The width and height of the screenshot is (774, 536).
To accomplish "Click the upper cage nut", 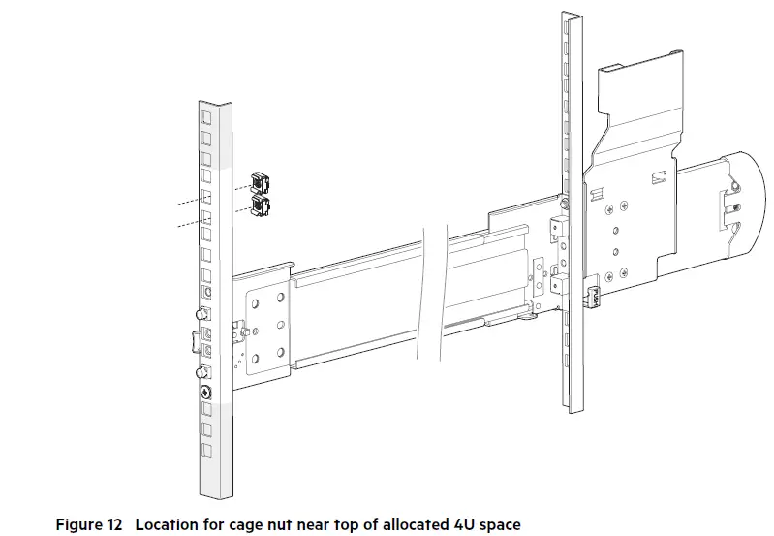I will click(x=258, y=181).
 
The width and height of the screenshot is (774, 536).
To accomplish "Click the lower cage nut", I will click(x=259, y=204).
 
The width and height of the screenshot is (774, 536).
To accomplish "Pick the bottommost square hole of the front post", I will click(x=206, y=452).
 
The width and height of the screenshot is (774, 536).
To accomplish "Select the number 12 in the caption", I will click(x=115, y=524).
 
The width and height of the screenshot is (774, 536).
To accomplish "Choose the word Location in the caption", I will click(x=167, y=524).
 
